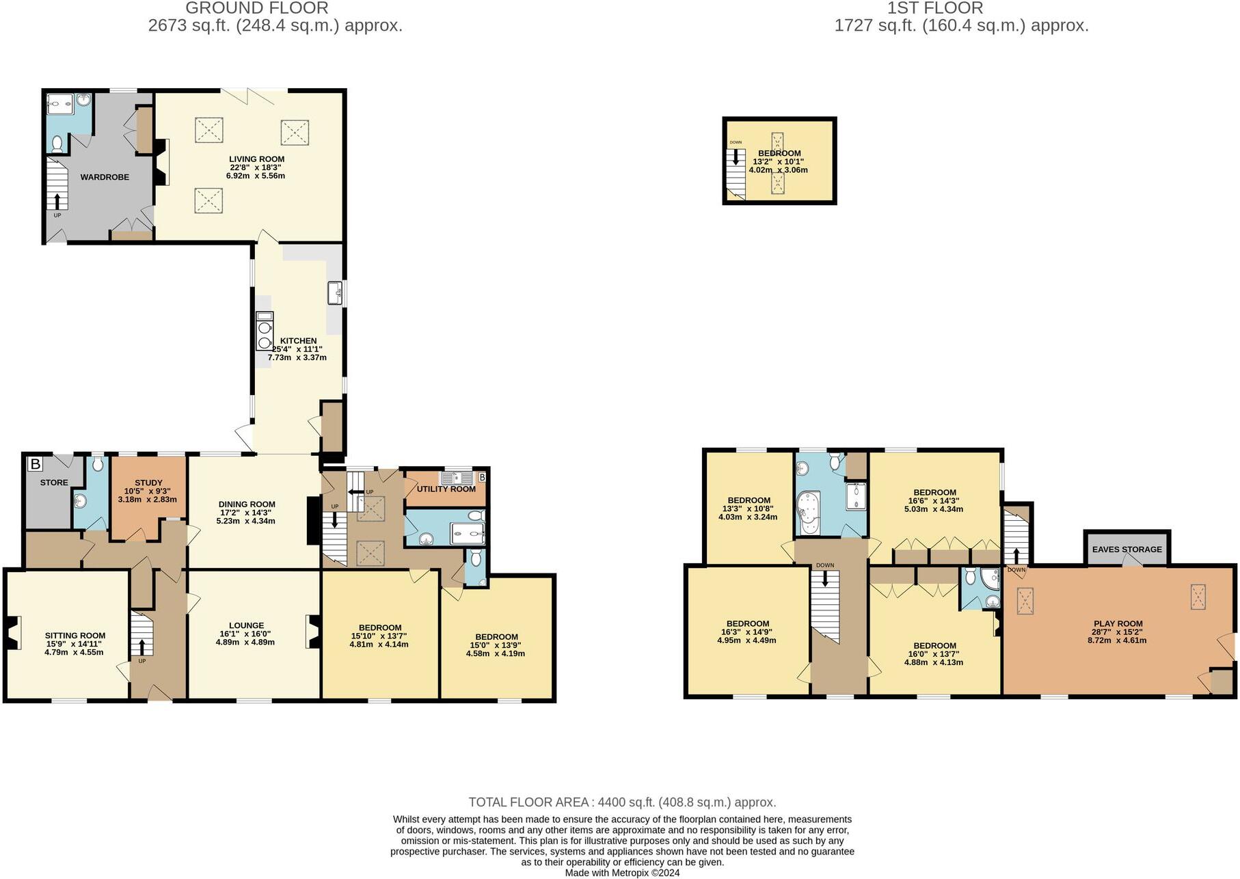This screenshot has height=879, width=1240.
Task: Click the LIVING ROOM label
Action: pyautogui.click(x=256, y=159)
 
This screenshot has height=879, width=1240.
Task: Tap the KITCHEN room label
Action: pyautogui.click(x=299, y=340)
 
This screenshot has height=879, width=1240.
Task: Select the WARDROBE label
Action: pyautogui.click(x=105, y=177)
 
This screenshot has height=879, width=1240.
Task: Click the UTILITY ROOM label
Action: pyautogui.click(x=446, y=489)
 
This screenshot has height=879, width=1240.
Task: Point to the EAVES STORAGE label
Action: pyautogui.click(x=1127, y=549)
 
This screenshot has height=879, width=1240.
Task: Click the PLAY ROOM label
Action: pyautogui.click(x=1118, y=623)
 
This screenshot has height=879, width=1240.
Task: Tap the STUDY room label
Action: pyautogui.click(x=148, y=483)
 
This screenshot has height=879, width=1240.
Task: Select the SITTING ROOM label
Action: pyautogui.click(x=75, y=635)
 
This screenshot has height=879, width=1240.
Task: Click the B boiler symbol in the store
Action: pyautogui.click(x=35, y=464)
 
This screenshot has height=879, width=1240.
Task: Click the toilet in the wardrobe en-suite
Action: pyautogui.click(x=57, y=144)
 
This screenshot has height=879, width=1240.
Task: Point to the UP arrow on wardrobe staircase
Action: pyautogui.click(x=57, y=201)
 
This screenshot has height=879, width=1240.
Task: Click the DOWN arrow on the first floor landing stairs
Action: pyautogui.click(x=825, y=579)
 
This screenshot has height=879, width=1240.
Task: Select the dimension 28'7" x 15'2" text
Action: pyautogui.click(x=1118, y=632)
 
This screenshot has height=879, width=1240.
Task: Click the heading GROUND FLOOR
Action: pyautogui.click(x=257, y=8)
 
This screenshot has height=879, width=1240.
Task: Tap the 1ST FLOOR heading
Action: pyautogui.click(x=934, y=8)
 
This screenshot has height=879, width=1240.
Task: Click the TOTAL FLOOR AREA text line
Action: pyautogui.click(x=621, y=802)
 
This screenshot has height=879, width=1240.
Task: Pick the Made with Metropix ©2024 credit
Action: pyautogui.click(x=621, y=873)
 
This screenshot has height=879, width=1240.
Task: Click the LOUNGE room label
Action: pyautogui.click(x=246, y=625)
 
